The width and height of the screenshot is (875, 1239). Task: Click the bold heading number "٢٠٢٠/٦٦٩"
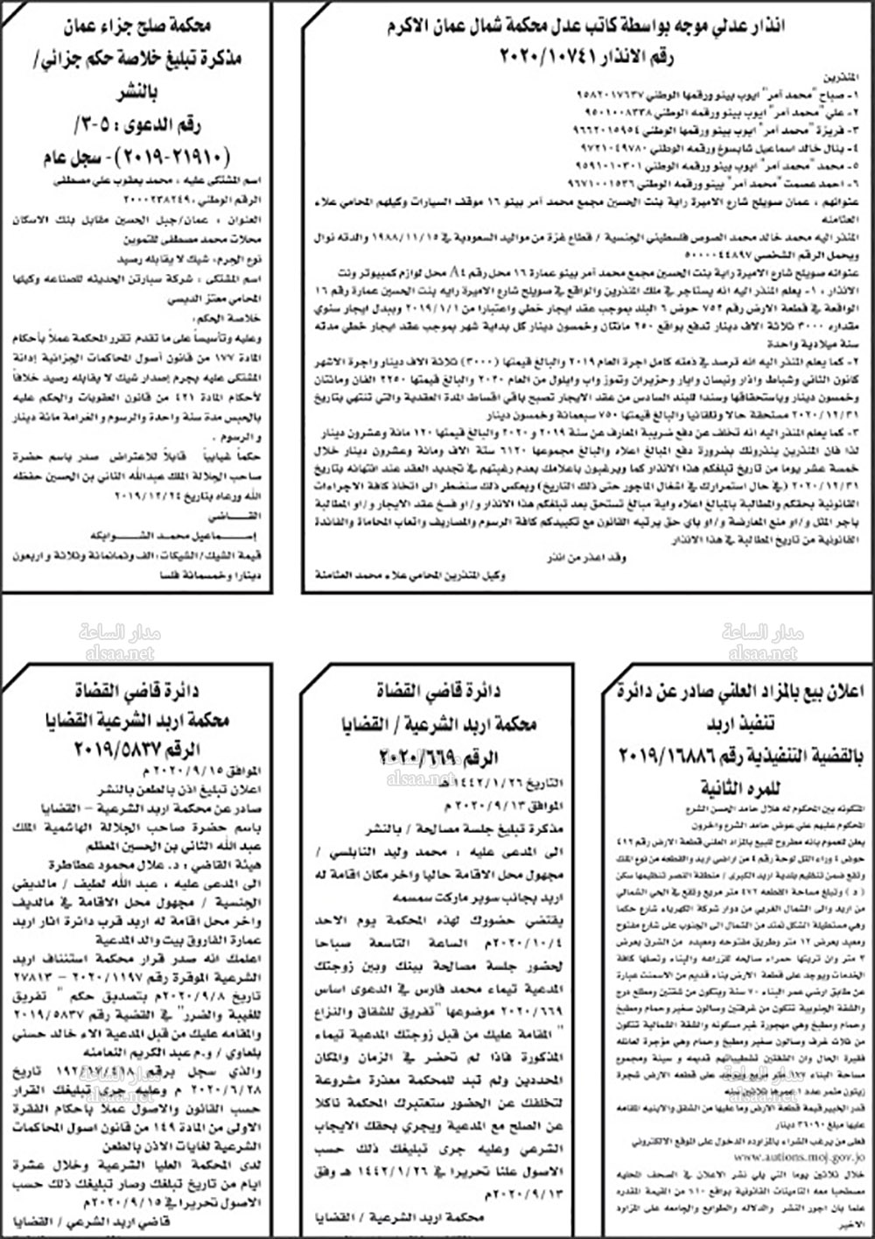pyautogui.click(x=417, y=755)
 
